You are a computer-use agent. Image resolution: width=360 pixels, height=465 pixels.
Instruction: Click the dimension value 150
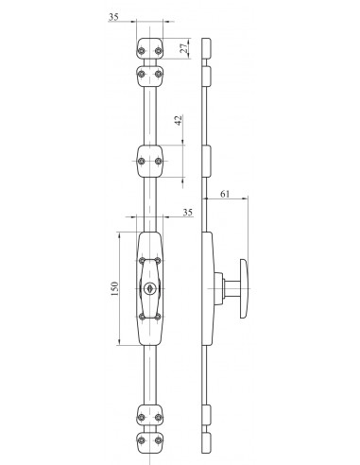pyautogui.click(x=114, y=288)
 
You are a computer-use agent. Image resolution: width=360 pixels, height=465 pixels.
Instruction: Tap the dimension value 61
pyautogui.click(x=225, y=194)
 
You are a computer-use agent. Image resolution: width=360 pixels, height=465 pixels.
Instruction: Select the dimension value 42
pyautogui.click(x=179, y=120)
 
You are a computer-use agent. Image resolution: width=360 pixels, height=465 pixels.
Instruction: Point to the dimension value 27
pyautogui.click(x=185, y=47)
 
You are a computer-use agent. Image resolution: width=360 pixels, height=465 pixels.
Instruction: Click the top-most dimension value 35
pyautogui.click(x=113, y=17)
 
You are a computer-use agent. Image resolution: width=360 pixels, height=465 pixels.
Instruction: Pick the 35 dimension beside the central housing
pyautogui.click(x=187, y=213)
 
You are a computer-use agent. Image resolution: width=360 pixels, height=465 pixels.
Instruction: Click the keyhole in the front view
pyautogui.click(x=148, y=287)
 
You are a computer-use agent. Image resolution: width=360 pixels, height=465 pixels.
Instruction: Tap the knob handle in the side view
pyautogui.click(x=245, y=288)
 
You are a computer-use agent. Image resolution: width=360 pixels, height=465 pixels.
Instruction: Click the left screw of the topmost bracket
pyautogui.click(x=142, y=51)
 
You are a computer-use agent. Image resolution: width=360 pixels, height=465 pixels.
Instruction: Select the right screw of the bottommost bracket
pyautogui.click(x=159, y=440)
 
